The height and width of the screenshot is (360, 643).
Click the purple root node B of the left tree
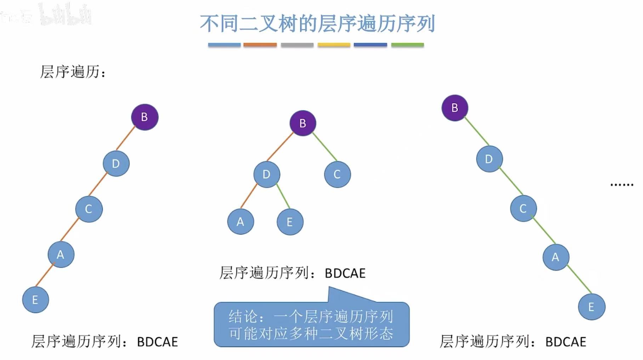(144, 117)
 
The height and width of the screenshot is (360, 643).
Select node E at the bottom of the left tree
(35, 300)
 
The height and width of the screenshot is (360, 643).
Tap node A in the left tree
(61, 254)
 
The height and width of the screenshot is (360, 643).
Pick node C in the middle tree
(337, 174)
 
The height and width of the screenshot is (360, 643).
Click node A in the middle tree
(240, 222)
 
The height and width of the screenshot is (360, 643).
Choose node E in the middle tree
(290, 222)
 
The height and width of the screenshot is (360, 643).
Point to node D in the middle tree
(267, 174)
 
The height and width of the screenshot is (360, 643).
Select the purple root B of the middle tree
(303, 123)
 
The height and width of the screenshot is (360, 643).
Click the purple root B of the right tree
(455, 108)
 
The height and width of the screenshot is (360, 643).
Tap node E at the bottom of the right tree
(591, 307)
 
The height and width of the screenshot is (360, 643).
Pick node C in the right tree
(523, 208)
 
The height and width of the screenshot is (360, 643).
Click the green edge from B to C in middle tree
(324, 147)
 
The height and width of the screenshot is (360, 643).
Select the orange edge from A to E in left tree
(45, 275)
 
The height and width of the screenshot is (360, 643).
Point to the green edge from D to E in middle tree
(283, 196)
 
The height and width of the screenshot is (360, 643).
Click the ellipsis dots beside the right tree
(622, 185)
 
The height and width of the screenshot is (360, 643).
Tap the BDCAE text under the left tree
(158, 342)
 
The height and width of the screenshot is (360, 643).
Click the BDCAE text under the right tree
(565, 342)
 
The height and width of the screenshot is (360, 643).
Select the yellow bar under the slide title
(334, 45)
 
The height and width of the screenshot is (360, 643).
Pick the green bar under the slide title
(407, 45)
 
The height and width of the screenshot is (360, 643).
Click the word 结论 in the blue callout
(243, 316)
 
